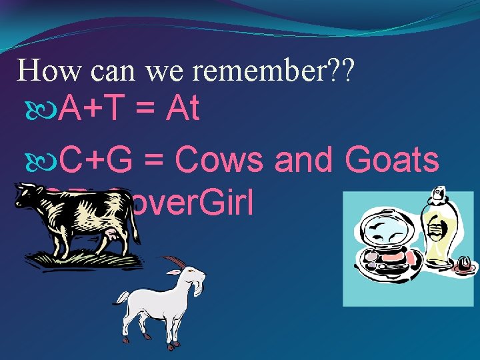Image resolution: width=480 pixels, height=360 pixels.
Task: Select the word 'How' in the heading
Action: (x=41, y=71)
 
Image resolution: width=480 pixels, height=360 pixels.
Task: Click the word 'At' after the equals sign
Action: (x=183, y=108)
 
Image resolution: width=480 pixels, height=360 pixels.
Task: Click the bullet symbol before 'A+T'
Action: (x=48, y=109)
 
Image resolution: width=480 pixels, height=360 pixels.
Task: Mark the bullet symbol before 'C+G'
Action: (x=48, y=160)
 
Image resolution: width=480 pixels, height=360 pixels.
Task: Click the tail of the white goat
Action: (x=119, y=301)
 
